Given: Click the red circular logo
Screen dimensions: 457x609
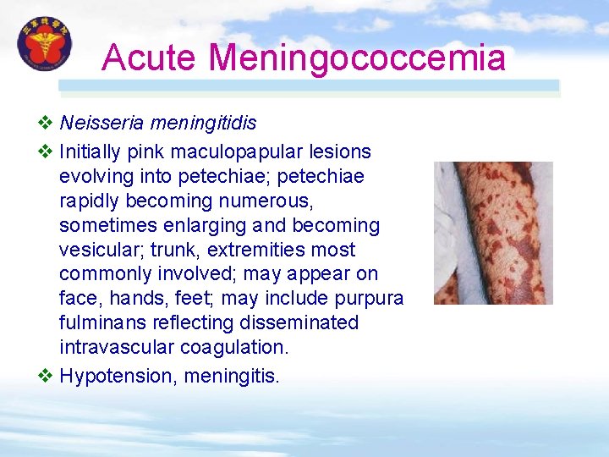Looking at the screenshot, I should [45, 44].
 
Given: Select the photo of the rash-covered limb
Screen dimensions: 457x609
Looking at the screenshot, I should [493, 233].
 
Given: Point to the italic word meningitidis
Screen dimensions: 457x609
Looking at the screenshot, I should [203, 124].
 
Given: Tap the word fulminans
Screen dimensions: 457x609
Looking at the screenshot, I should [99, 323].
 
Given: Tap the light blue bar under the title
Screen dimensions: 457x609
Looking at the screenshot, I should [309, 86].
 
